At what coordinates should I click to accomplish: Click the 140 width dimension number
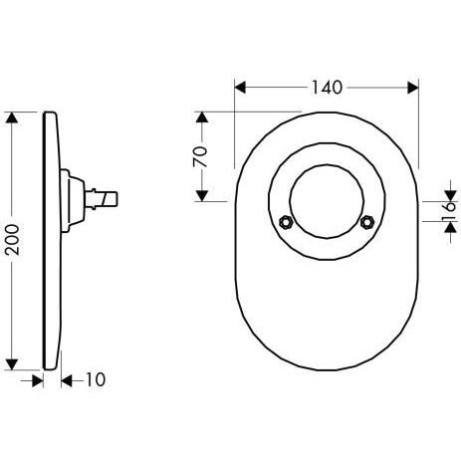pyautogui.click(x=327, y=88)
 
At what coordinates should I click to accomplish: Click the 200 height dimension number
pyautogui.click(x=13, y=240)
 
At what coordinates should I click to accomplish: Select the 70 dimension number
pyautogui.click(x=200, y=156)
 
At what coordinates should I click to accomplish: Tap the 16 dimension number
pyautogui.click(x=450, y=210)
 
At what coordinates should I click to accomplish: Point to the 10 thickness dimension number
pyautogui.click(x=96, y=379)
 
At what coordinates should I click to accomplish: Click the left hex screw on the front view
pyautogui.click(x=285, y=222)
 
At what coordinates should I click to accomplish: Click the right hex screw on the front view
pyautogui.click(x=367, y=222)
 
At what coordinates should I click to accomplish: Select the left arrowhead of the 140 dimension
pyautogui.click(x=240, y=88)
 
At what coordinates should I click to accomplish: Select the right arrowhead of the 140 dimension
pyautogui.click(x=413, y=88)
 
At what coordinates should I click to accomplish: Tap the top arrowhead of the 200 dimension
pyautogui.click(x=12, y=118)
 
